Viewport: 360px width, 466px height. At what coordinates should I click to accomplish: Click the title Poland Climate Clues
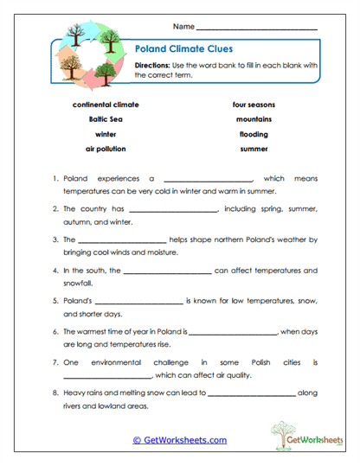(x=184, y=49)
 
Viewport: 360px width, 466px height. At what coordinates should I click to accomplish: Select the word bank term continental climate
(x=106, y=104)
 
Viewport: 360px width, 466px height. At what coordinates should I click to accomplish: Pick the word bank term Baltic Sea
(x=106, y=119)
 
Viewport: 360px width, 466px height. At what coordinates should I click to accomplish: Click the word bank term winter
(x=106, y=135)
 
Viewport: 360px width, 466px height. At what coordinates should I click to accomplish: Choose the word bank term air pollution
(x=106, y=150)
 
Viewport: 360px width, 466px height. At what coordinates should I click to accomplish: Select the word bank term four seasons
(x=254, y=104)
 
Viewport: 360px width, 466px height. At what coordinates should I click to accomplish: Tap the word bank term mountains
(x=254, y=119)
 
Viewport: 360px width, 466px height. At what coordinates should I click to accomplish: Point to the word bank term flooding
(x=254, y=135)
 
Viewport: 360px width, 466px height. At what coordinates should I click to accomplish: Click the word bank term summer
(x=254, y=150)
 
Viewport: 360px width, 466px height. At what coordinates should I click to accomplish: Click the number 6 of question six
(x=55, y=331)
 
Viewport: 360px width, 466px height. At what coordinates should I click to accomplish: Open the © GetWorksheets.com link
(x=180, y=440)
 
